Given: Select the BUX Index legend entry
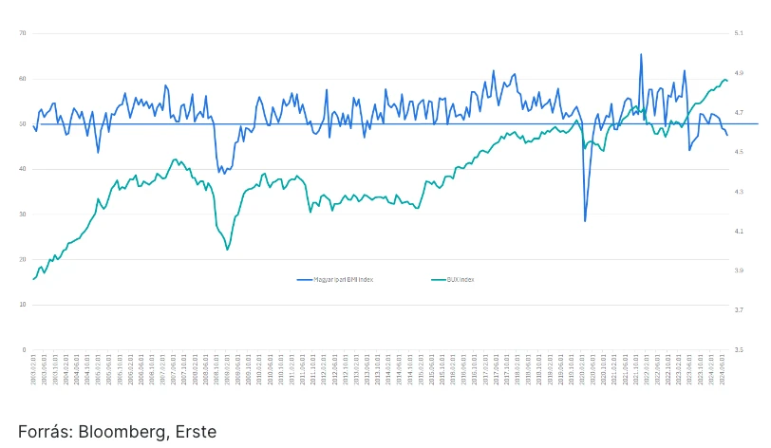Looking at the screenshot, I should point(461,280).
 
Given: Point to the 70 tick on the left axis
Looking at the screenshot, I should point(22,33).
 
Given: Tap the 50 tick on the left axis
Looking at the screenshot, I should point(22,123).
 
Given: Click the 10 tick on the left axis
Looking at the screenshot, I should point(22,304).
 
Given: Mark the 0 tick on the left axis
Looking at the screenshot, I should point(24,349).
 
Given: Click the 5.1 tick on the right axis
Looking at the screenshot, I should point(738,33).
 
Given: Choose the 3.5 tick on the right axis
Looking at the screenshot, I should point(738,349).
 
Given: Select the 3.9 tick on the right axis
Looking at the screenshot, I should point(738,271).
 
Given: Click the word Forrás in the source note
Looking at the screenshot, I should point(44,432).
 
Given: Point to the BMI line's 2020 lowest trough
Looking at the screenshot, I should point(585,221).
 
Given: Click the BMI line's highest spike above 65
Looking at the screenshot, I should point(641,54).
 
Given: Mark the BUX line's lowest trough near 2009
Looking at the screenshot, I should point(227,250).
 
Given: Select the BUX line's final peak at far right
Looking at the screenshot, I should point(725,80).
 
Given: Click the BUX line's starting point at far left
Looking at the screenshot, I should point(34,279).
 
